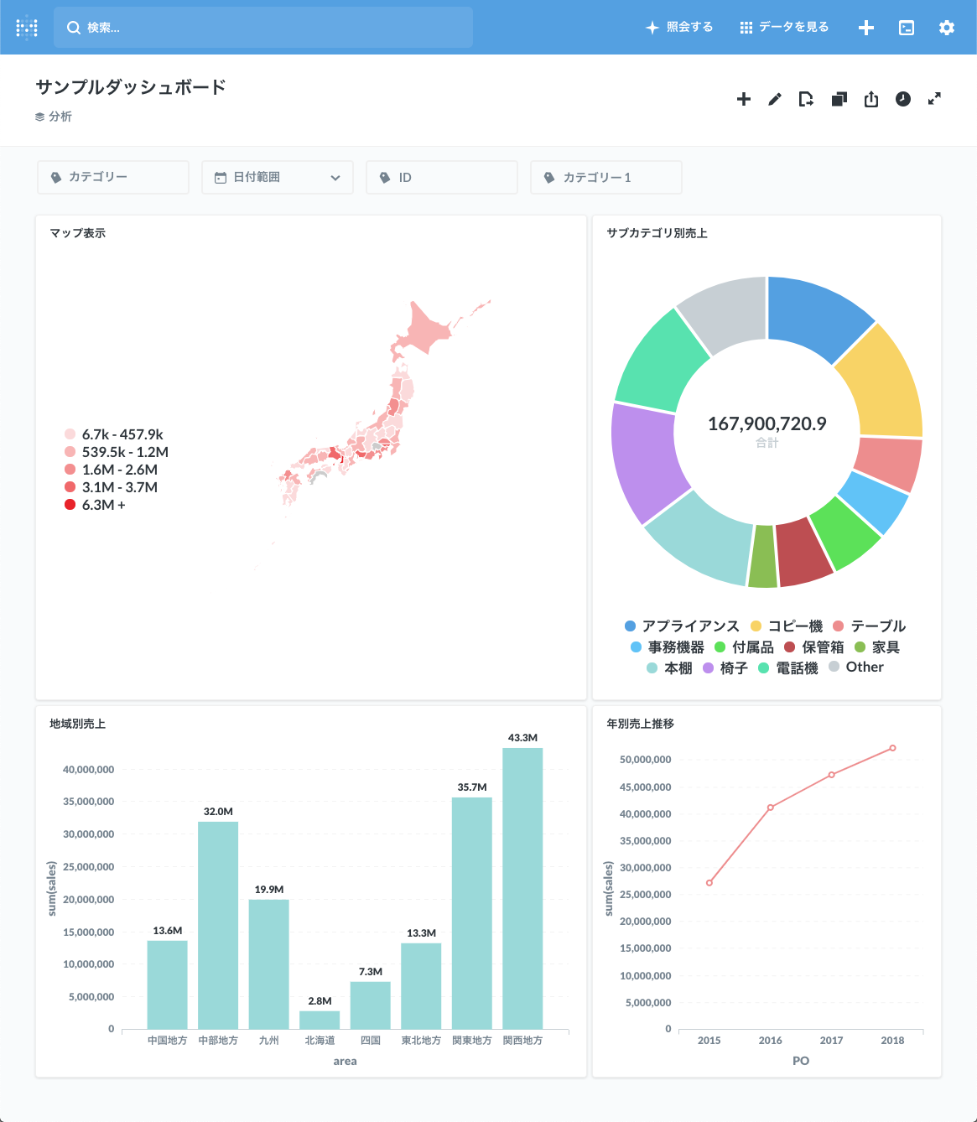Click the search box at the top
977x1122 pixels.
263,28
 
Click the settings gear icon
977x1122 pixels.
947,28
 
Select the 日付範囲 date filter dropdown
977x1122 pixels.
277,178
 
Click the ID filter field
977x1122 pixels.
441,178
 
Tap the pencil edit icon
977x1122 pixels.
775,100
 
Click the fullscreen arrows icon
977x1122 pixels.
934,99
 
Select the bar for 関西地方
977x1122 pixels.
522,888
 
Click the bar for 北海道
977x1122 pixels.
320,1020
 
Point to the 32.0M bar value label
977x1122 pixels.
218,812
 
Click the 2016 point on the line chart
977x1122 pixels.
771,808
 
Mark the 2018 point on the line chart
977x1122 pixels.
892,748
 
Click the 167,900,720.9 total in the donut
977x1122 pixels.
767,424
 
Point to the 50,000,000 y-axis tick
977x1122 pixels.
645,760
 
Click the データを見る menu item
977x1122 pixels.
784,28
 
